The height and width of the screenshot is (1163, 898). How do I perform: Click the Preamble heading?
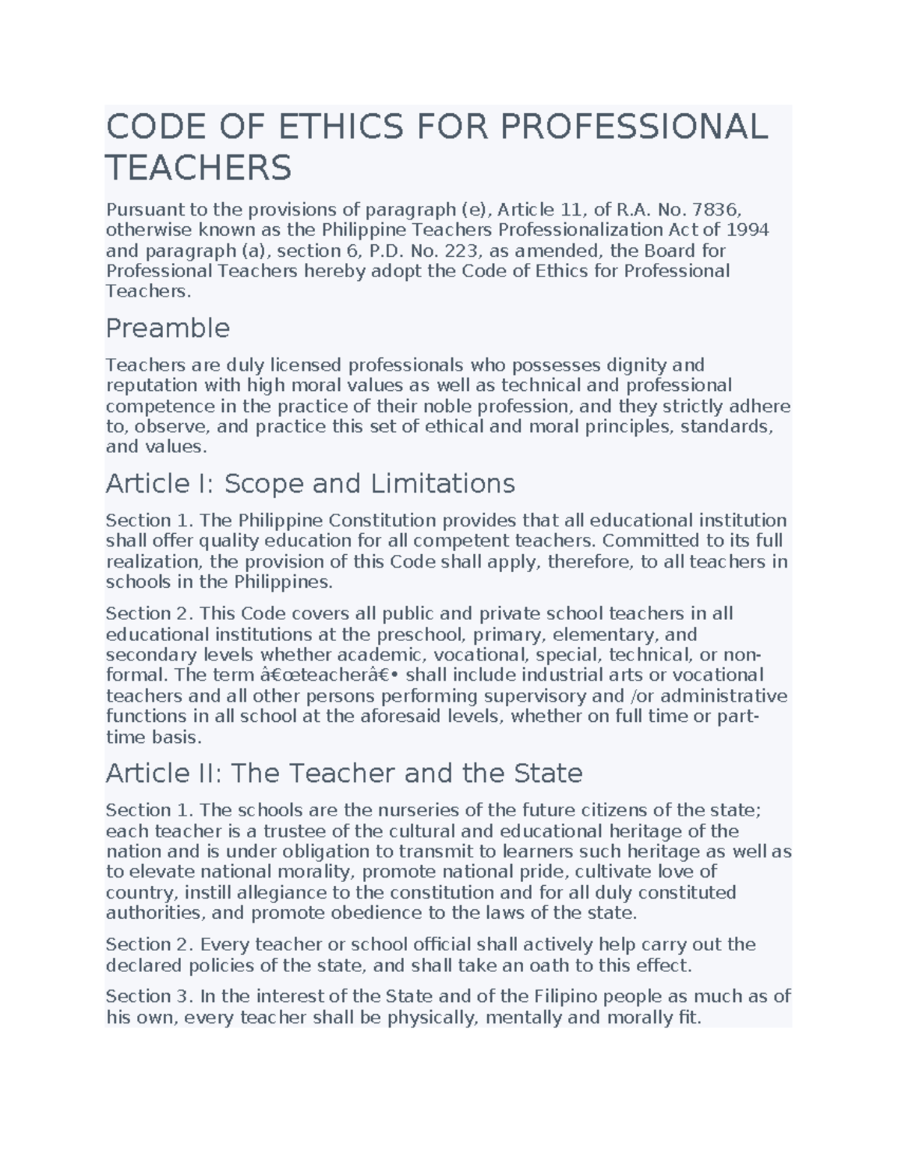coord(168,328)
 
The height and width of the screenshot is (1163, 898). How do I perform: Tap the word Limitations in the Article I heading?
coord(442,484)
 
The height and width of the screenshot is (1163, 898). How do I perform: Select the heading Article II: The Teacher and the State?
coord(344,773)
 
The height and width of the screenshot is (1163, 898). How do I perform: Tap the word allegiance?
coord(284,893)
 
